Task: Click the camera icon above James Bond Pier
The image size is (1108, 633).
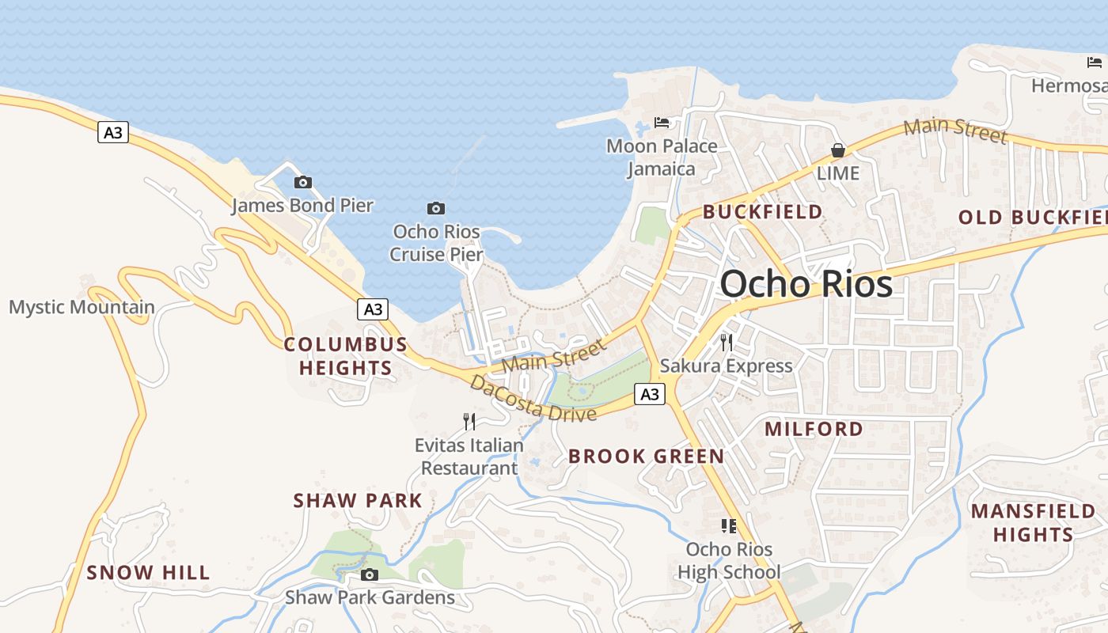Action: (x=302, y=183)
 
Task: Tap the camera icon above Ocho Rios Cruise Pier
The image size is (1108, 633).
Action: (x=435, y=209)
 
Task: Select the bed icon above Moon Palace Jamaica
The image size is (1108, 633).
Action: (x=662, y=123)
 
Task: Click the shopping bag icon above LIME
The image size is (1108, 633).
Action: (x=837, y=150)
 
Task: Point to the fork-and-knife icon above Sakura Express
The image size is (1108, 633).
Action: (x=727, y=342)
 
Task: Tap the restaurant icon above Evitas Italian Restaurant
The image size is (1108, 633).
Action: (x=469, y=421)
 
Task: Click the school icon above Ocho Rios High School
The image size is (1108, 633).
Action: (x=729, y=525)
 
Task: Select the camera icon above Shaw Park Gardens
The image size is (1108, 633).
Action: (x=369, y=574)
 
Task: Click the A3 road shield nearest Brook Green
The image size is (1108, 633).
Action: (x=649, y=394)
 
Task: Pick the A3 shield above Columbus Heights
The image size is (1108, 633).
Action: (x=372, y=309)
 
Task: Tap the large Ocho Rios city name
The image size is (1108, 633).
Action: (x=806, y=284)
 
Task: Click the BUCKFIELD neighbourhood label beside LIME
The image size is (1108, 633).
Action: (x=763, y=212)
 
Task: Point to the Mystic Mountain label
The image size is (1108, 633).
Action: (x=82, y=307)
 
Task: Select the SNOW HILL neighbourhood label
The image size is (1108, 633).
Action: (x=148, y=573)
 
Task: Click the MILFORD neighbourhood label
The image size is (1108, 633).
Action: (x=814, y=429)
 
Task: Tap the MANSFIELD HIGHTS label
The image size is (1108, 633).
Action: (x=1033, y=522)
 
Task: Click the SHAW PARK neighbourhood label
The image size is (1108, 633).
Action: (x=358, y=501)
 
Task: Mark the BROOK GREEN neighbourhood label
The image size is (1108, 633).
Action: (x=646, y=456)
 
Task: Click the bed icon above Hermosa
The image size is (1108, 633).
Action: (x=1095, y=63)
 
